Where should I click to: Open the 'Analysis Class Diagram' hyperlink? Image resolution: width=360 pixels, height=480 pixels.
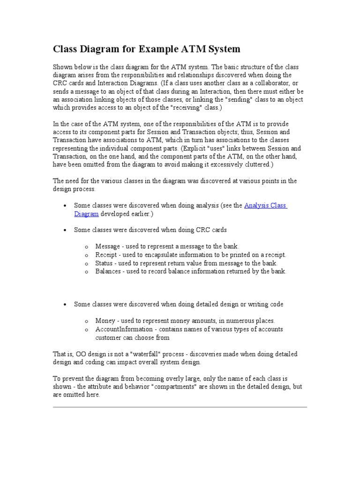tap(265, 206)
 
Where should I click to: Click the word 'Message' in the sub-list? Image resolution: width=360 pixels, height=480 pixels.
tap(107, 246)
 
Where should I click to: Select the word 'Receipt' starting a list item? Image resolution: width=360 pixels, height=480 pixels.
tap(106, 255)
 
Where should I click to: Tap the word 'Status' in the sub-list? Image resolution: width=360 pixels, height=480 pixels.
tap(104, 263)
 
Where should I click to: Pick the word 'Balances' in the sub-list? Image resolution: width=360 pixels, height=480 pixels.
tap(108, 271)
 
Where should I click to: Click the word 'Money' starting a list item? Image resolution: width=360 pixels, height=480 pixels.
tap(105, 321)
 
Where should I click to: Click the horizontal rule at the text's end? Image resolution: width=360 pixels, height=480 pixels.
tap(180, 407)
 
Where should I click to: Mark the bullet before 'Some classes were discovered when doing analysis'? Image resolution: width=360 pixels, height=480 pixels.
tap(64, 206)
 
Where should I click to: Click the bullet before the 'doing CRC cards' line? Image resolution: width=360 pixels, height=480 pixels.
tap(64, 230)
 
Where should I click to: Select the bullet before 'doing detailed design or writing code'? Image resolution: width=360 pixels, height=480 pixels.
tap(64, 305)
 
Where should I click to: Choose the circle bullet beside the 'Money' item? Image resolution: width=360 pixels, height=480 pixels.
tap(86, 322)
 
